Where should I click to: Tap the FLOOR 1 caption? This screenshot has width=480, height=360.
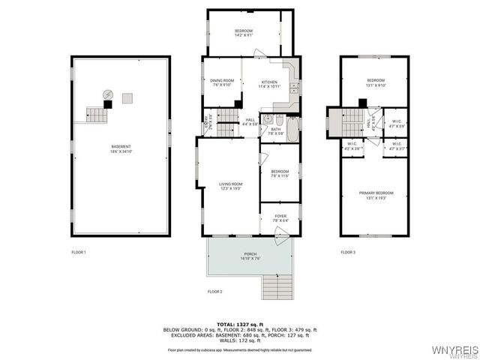[x=79, y=252]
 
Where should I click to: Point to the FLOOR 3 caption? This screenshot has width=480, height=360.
[x=348, y=252]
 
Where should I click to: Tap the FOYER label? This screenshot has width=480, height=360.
[x=279, y=218]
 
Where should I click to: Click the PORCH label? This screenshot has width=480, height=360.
[x=250, y=256]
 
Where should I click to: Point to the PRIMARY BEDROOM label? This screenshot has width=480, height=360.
[x=376, y=195]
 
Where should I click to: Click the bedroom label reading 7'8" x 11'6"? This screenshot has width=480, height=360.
[x=279, y=174]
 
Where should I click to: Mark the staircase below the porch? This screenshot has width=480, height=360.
[x=275, y=286]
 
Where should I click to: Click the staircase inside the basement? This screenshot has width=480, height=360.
[x=96, y=115]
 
